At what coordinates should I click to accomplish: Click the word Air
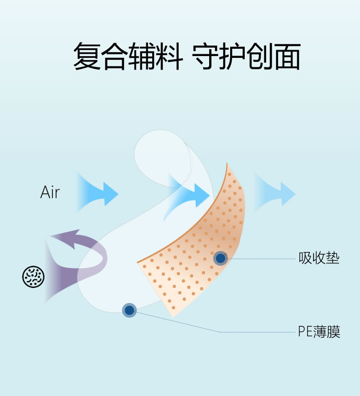(50, 192)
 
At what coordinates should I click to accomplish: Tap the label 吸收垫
(319, 258)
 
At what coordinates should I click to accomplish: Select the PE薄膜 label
(319, 332)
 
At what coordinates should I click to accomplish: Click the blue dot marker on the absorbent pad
(221, 258)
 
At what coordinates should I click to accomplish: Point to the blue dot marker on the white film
(129, 310)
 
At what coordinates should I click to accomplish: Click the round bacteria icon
(34, 277)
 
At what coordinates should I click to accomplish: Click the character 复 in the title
(87, 56)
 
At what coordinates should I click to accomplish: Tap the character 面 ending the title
(286, 56)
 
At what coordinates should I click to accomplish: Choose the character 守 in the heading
(206, 56)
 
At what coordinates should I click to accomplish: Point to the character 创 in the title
(259, 56)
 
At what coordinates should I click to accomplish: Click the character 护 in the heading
(233, 56)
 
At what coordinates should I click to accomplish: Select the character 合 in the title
(114, 56)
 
